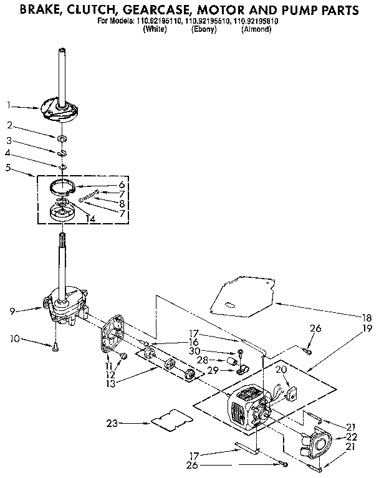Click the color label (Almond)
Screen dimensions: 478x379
(256, 29)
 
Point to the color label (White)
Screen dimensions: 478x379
(155, 29)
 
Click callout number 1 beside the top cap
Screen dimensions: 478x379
(9, 105)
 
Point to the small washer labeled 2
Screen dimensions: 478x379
(64, 137)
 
